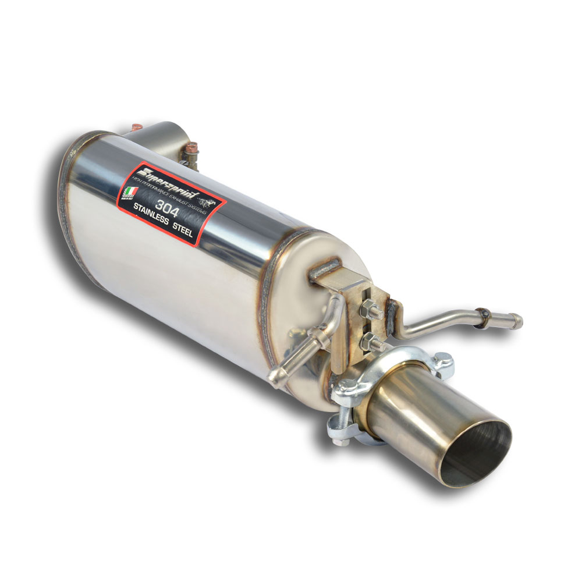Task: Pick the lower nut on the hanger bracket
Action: tap(370, 340)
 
